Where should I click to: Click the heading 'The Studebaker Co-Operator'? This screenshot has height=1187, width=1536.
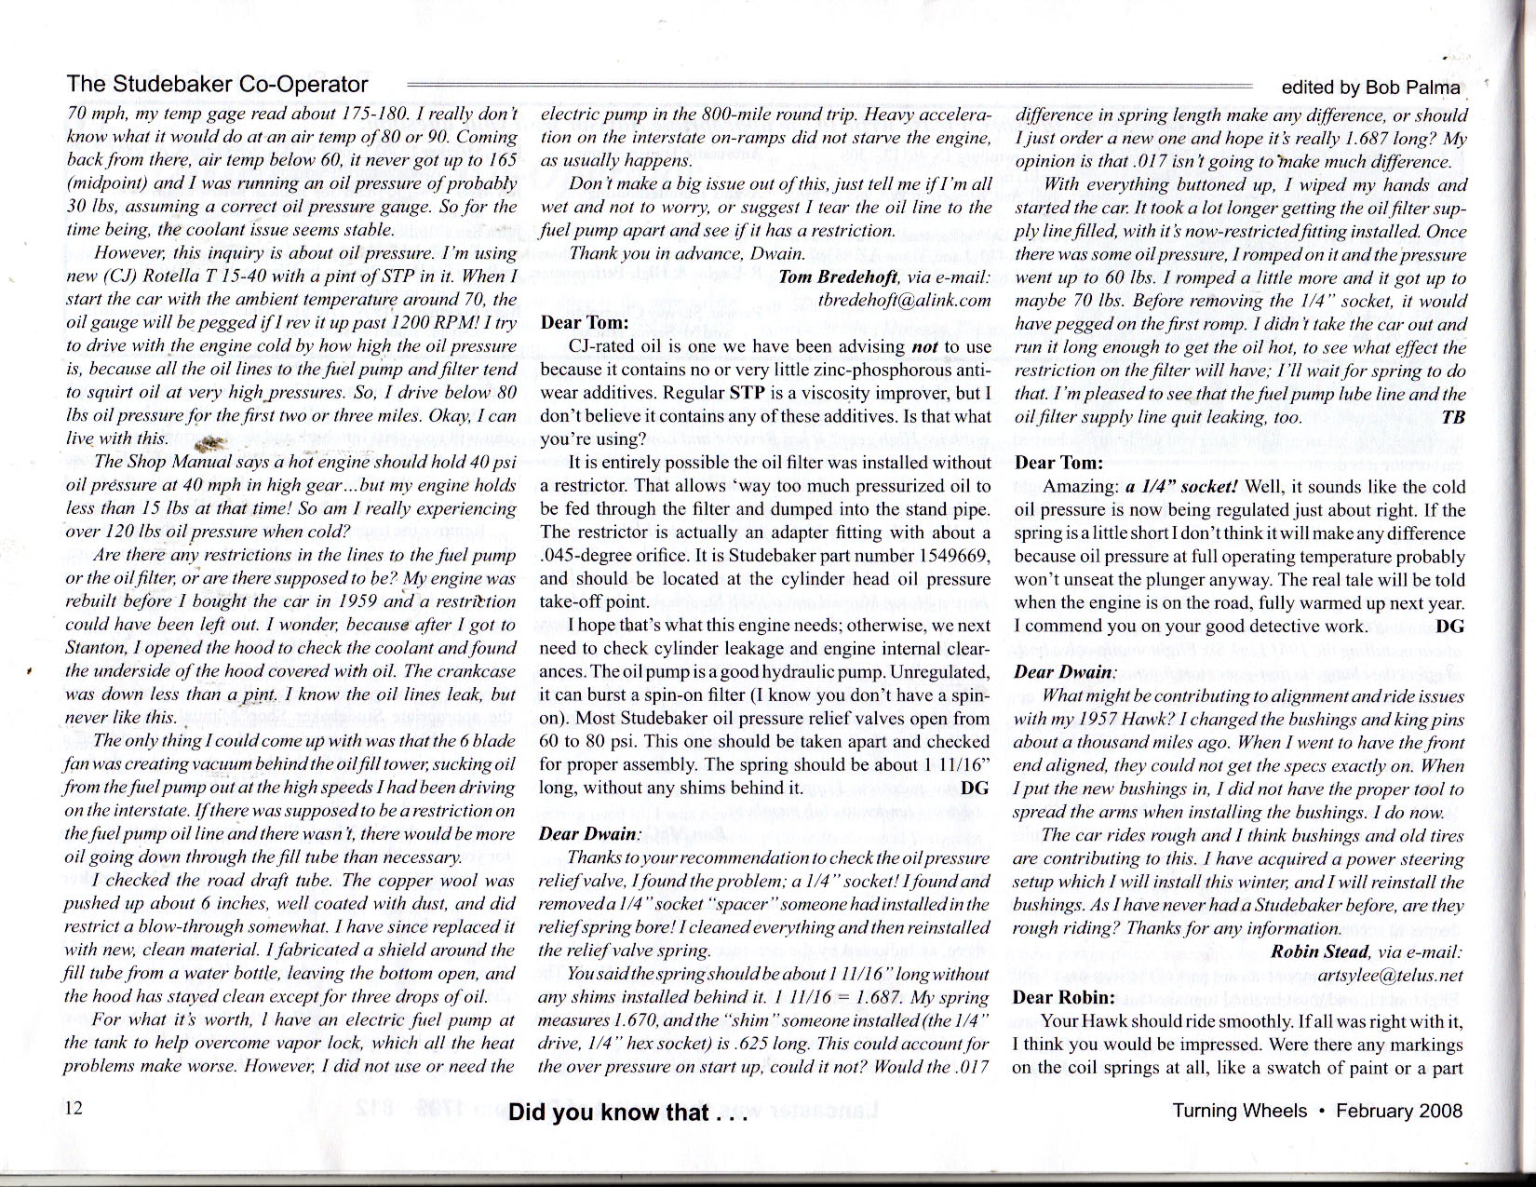[x=218, y=85]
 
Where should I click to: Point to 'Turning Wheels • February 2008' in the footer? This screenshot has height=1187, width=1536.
[x=1317, y=1111]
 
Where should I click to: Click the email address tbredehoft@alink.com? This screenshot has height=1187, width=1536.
[x=904, y=300]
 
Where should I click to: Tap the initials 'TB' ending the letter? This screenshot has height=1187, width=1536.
[x=1453, y=417]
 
